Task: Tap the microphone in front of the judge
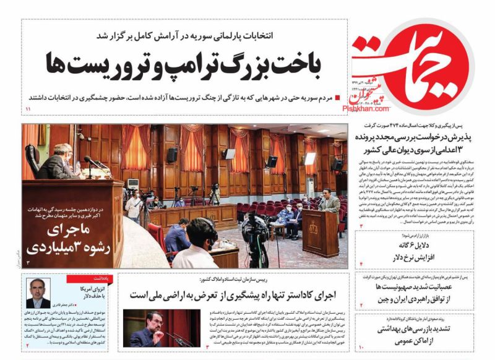coord(93,163)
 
